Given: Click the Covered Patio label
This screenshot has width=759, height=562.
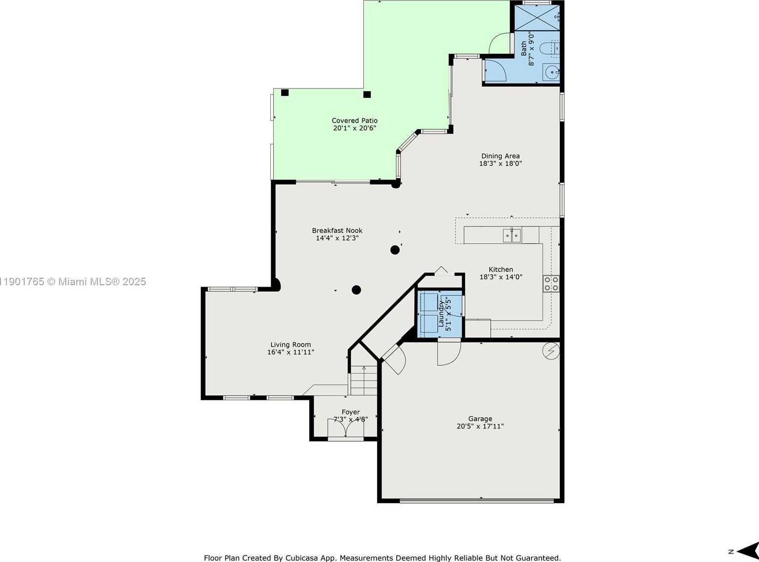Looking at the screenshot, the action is click(x=354, y=121).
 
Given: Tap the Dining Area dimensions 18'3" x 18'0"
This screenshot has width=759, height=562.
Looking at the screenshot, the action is click(x=500, y=164).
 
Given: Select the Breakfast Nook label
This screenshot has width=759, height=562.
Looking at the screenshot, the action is click(x=337, y=231).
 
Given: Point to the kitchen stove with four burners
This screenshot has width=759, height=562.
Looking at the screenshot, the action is click(x=551, y=284).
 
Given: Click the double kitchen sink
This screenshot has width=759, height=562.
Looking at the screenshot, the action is click(x=512, y=235).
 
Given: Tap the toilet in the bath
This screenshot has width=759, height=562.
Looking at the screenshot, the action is click(x=549, y=48).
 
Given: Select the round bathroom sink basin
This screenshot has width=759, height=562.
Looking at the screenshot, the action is click(x=551, y=72).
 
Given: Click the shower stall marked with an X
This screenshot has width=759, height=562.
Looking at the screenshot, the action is click(x=537, y=17).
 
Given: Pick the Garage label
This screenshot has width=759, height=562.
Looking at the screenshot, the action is click(x=480, y=419).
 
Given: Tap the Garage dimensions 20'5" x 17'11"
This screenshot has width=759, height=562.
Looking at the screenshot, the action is click(x=480, y=427).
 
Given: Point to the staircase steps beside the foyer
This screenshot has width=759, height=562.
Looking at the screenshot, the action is click(x=364, y=380).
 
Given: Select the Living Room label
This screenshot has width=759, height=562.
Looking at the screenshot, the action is click(x=291, y=345).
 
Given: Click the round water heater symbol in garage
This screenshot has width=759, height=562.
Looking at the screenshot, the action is click(x=551, y=351).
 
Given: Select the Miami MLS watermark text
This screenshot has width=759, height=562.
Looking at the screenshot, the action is click(x=73, y=282).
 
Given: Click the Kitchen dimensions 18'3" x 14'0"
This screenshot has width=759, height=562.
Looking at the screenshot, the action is click(x=501, y=277).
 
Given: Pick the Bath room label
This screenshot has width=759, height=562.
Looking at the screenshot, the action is click(x=524, y=48).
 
